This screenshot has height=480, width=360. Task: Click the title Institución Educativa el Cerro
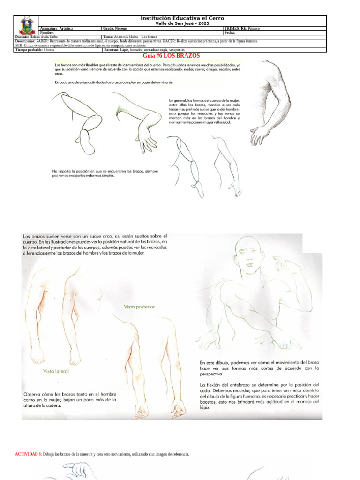[183, 18]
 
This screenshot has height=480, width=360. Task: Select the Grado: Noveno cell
[115, 29]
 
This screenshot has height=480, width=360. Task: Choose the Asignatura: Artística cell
[57, 29]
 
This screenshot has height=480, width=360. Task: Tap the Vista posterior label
[139, 307]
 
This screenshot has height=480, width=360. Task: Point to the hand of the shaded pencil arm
[259, 135]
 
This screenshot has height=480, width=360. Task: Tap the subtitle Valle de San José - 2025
[183, 23]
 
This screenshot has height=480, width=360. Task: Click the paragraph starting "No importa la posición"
[105, 173]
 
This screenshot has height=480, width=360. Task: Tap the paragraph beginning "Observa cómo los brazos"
[69, 400]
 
